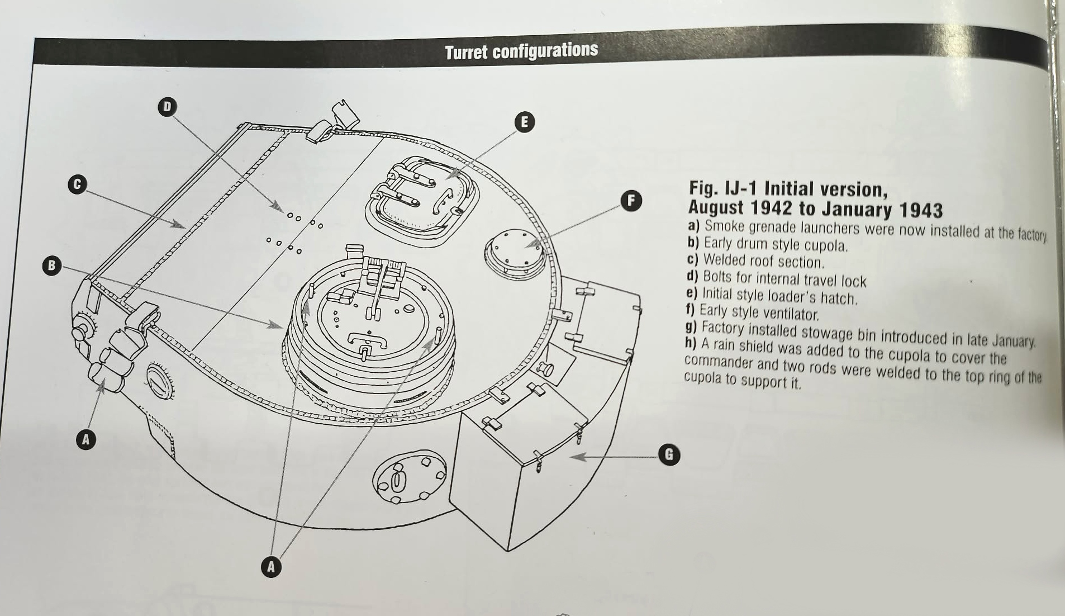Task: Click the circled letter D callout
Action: click(167, 106)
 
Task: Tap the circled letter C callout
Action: click(77, 184)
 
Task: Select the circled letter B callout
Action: click(51, 265)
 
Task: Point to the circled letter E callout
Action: click(524, 122)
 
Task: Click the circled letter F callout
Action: click(631, 200)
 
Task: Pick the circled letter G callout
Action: click(669, 454)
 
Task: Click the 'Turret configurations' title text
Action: click(521, 51)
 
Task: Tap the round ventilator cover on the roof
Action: click(515, 253)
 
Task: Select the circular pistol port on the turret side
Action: click(410, 477)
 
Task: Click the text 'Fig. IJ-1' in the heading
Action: click(724, 189)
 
